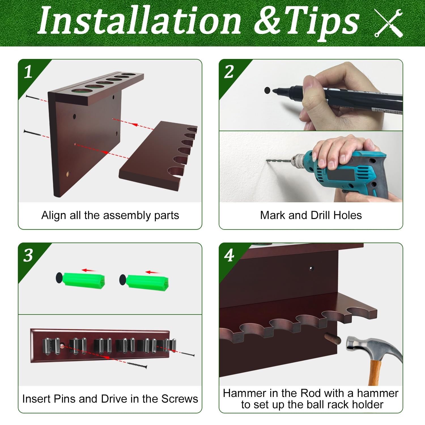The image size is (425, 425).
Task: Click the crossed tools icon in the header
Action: click(x=388, y=23)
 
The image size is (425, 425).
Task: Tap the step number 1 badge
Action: click(x=28, y=72)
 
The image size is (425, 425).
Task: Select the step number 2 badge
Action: click(x=229, y=72)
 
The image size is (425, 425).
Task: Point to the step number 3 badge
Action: click(x=28, y=255)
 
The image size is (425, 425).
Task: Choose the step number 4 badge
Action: click(x=229, y=255)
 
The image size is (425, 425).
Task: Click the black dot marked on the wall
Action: click(x=267, y=91)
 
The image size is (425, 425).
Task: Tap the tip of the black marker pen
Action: click(x=273, y=91)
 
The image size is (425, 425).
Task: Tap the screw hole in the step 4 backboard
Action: click(x=311, y=268)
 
